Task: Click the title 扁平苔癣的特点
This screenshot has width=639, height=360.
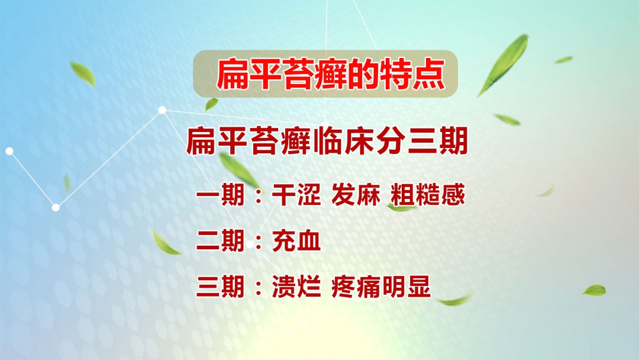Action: point(326,75)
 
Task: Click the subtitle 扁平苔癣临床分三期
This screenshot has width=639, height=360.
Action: point(327,143)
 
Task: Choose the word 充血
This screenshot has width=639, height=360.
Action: point(296,242)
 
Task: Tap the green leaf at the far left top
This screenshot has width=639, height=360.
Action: point(82,73)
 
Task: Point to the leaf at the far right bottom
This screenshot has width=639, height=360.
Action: point(594,290)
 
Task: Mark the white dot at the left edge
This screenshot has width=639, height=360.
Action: point(9,151)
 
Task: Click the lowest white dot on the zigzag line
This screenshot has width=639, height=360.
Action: point(56,207)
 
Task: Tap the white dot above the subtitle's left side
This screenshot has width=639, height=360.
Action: point(162,110)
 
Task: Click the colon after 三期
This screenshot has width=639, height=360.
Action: point(257,289)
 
